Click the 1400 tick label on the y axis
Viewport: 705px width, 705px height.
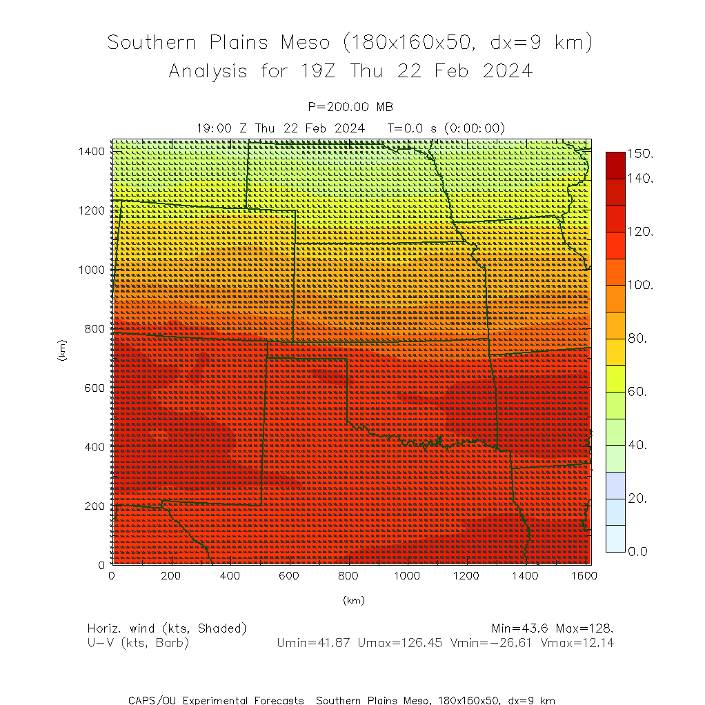(x=92, y=151)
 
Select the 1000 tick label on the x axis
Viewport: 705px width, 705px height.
(x=407, y=575)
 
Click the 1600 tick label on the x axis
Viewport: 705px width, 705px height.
(x=584, y=575)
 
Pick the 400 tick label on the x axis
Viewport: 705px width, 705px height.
(x=230, y=575)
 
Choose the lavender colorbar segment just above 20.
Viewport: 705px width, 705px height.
(x=615, y=485)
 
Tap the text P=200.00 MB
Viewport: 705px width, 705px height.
(x=350, y=107)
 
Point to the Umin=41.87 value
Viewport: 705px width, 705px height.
(x=308, y=643)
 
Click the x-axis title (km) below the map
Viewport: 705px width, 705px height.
(x=353, y=600)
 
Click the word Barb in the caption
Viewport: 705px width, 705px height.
(x=173, y=643)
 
